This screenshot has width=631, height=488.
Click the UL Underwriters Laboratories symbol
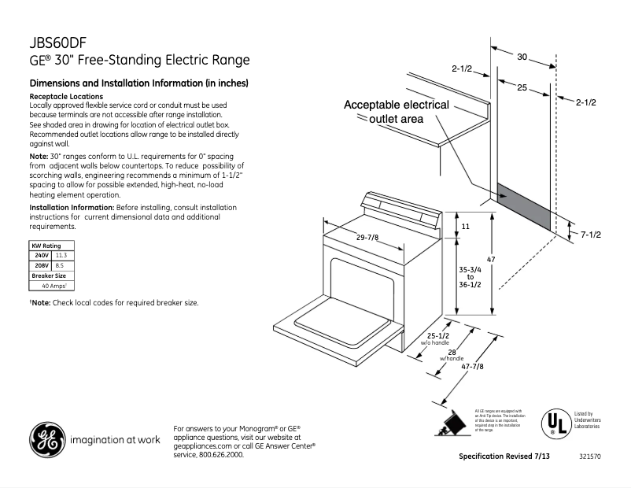coord(554,423)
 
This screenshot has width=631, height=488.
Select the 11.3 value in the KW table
coord(61,256)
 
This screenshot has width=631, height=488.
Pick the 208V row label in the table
coord(41,266)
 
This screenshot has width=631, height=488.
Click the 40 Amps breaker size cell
coord(54,286)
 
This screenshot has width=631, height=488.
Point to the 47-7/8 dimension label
coord(474,367)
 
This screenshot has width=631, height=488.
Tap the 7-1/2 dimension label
coord(591,235)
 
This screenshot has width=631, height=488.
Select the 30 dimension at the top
coord(522,57)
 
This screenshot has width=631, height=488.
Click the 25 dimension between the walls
coord(522,88)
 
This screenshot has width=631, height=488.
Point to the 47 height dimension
coord(511,259)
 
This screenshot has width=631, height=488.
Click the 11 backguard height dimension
coord(465,226)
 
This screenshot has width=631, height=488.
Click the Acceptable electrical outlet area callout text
coord(397,112)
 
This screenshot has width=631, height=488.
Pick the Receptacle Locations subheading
coord(61,96)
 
